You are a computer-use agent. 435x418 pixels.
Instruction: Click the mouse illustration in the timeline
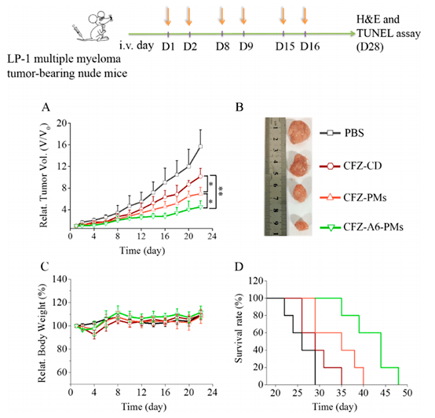pos(93,26)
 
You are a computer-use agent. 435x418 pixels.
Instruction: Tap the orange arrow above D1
pos(168,16)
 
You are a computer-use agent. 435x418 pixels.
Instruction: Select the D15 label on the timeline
pos(285,46)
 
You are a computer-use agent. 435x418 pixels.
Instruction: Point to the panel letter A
pos(46,107)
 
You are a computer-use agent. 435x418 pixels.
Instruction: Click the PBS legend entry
pos(342,133)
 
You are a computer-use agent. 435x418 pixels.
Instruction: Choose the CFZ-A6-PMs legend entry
pos(361,227)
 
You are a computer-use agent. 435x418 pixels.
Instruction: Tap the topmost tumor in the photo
pos(299,132)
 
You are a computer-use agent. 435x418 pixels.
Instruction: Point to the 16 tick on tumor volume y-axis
pos(61,145)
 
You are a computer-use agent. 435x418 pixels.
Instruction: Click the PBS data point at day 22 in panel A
pos(200,146)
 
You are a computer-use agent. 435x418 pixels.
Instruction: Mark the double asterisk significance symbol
pos(221,191)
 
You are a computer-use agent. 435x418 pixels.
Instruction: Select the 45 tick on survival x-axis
pos(386,393)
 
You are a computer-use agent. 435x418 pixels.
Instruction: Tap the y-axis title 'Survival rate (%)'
pos(238,328)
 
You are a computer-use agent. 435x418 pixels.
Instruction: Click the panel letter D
pos(239,267)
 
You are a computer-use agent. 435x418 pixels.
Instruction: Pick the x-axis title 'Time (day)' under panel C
pos(144,407)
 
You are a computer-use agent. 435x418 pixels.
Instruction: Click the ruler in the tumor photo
pos(275,177)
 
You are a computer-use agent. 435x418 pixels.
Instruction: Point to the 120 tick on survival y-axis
pos(256,280)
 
